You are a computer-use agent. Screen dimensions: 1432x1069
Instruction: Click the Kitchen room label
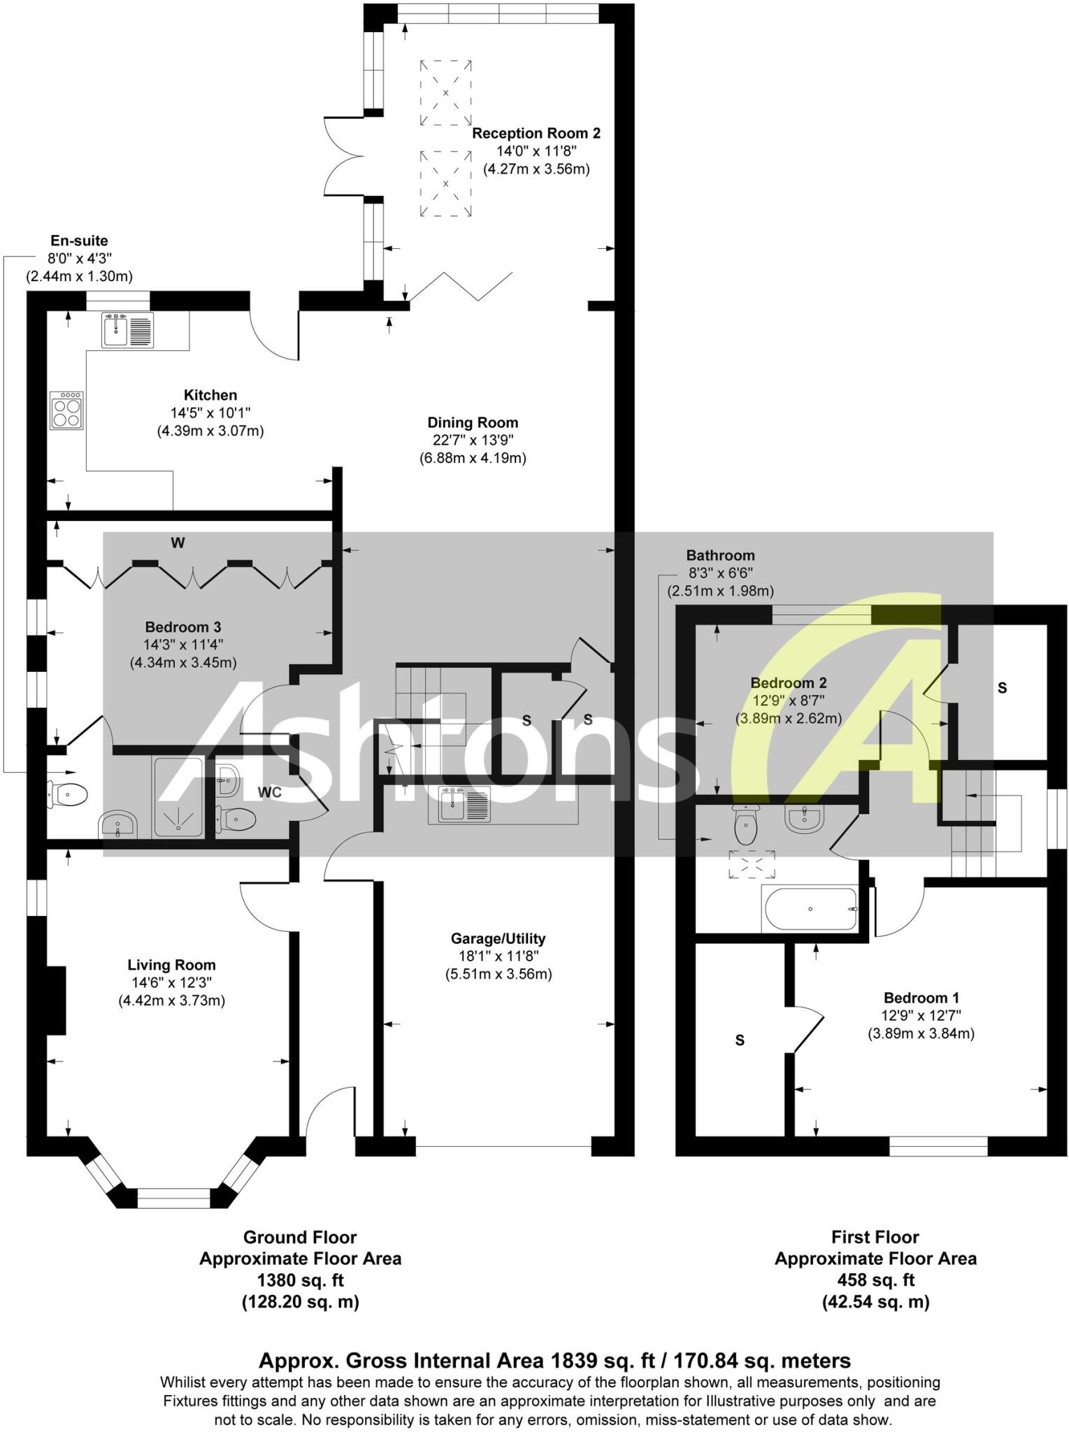tap(210, 395)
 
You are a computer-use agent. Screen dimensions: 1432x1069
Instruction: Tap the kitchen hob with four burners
tap(67, 410)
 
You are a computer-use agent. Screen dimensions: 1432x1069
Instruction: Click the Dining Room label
tap(473, 422)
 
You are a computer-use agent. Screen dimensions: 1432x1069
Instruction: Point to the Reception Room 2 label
tap(536, 133)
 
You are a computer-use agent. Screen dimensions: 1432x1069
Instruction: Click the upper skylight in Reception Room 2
tap(445, 93)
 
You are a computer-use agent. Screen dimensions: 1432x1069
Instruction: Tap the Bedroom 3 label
tap(183, 626)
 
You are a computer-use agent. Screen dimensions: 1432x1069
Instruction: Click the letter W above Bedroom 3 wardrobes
tap(178, 543)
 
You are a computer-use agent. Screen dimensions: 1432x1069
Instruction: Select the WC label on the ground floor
tap(270, 792)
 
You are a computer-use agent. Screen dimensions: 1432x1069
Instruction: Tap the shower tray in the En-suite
tap(178, 798)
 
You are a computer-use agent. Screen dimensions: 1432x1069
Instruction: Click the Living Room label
tap(171, 965)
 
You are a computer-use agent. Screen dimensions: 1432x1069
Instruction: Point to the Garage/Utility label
tap(498, 938)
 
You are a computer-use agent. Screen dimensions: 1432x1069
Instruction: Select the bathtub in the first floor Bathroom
tap(811, 908)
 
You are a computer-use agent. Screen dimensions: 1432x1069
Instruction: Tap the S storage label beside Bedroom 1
tap(740, 1040)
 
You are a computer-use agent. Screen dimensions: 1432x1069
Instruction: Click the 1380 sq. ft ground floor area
tap(300, 1280)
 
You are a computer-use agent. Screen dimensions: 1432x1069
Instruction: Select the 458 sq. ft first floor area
tap(875, 1280)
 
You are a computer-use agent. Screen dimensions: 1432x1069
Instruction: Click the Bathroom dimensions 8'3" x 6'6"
tap(720, 573)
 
